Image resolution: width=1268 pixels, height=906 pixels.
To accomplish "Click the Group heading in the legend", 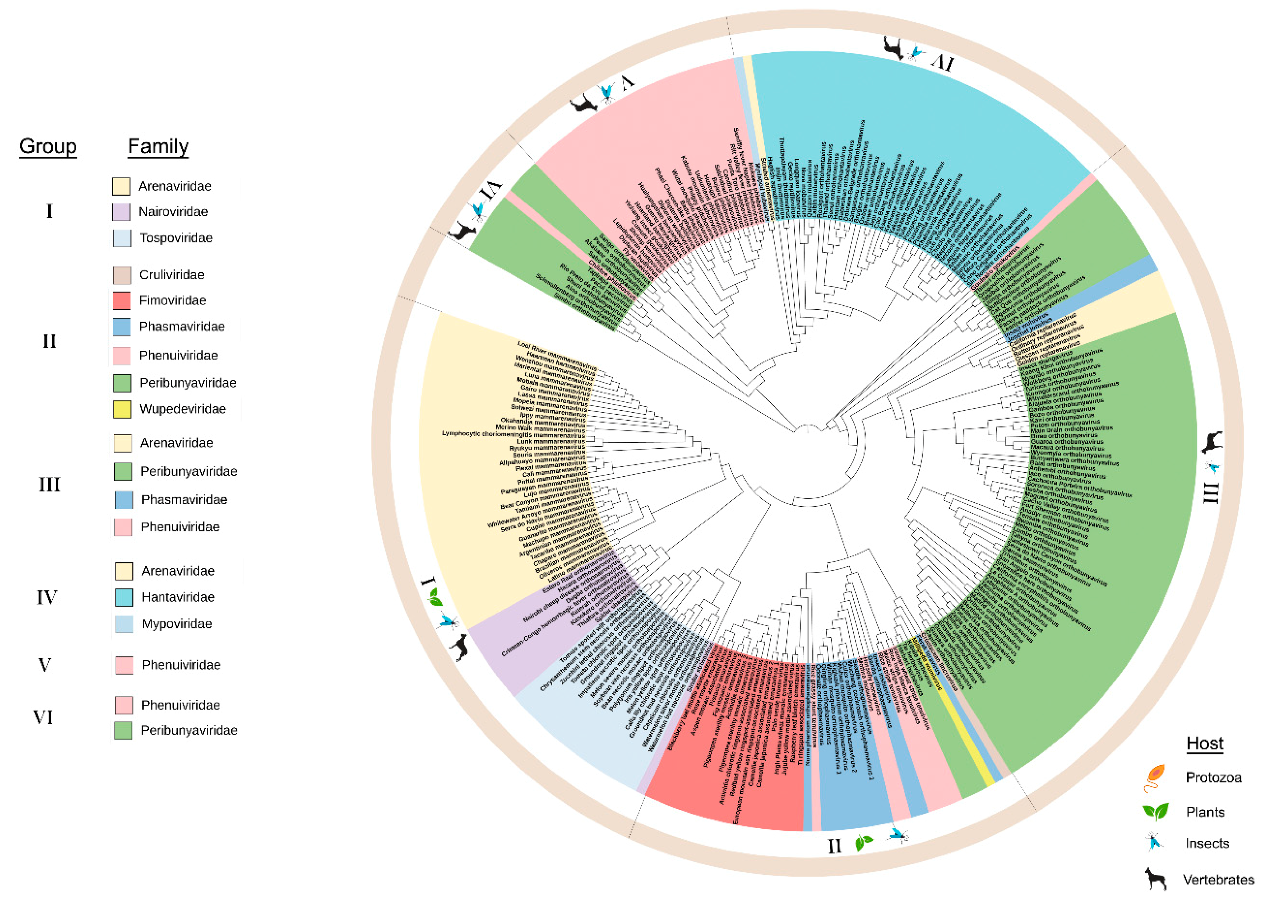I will (48, 146).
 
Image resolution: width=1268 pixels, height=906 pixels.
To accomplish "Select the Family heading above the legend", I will (158, 146).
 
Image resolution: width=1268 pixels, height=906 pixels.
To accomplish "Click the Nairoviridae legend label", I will (173, 212).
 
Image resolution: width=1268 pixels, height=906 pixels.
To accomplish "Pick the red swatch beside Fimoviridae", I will (122, 301).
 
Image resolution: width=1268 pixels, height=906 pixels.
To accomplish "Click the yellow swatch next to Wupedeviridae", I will (122, 409).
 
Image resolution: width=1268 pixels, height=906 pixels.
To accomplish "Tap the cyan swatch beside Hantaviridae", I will (124, 597).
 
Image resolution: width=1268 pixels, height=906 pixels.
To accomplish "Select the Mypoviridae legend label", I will (177, 624).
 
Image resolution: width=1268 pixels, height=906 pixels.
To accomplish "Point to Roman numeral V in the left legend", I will (45, 665).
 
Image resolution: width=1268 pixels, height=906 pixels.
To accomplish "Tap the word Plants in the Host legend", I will (1205, 812).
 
